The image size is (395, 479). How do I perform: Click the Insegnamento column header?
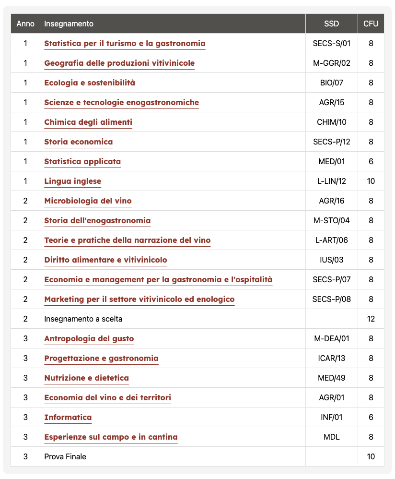pyautogui.click(x=69, y=24)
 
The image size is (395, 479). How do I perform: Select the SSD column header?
pyautogui.click(x=331, y=24)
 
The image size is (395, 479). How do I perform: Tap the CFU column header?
pyautogui.click(x=371, y=24)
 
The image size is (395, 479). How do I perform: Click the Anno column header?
pyautogui.click(x=25, y=24)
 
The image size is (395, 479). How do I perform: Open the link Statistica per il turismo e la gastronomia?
pyautogui.click(x=125, y=43)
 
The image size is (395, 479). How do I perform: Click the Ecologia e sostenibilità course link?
pyautogui.click(x=90, y=83)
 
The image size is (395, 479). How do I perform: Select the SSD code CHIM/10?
pyautogui.click(x=331, y=122)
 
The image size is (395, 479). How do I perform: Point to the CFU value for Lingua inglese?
pyautogui.click(x=371, y=181)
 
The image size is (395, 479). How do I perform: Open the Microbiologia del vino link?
pyautogui.click(x=88, y=201)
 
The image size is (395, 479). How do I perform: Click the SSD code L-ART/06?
pyautogui.click(x=331, y=240)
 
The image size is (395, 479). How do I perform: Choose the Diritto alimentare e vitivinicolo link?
pyautogui.click(x=105, y=260)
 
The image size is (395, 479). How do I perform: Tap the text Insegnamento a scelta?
pyautogui.click(x=86, y=319)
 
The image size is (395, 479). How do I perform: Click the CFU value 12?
pyautogui.click(x=371, y=319)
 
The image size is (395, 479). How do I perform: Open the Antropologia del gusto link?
pyautogui.click(x=89, y=338)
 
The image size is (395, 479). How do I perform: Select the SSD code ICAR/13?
pyautogui.click(x=331, y=358)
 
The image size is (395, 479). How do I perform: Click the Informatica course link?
pyautogui.click(x=68, y=417)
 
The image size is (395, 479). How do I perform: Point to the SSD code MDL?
pyautogui.click(x=331, y=437)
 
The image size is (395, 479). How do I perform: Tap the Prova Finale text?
pyautogui.click(x=65, y=456)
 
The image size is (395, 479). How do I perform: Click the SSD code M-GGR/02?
pyautogui.click(x=331, y=63)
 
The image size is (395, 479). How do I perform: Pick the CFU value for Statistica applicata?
pyautogui.click(x=371, y=161)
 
